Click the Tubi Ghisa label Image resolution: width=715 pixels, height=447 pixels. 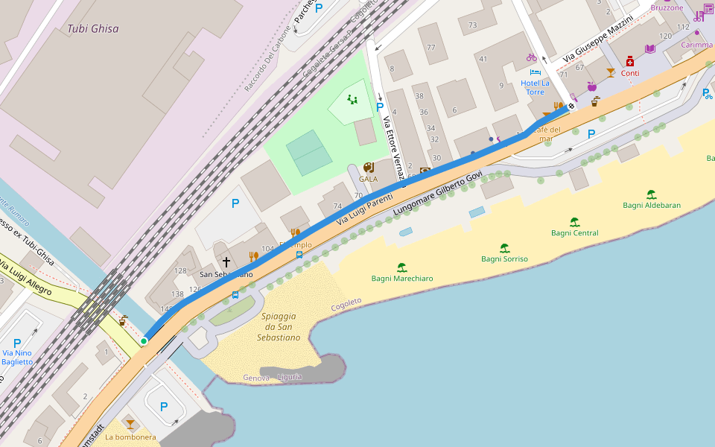tap(93, 29)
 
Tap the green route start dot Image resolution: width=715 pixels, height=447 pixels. tap(144, 340)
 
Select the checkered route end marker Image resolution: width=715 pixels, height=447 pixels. tap(571, 107)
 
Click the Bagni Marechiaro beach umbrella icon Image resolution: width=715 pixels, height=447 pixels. tap(402, 267)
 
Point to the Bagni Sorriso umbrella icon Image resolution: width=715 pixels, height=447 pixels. tap(504, 248)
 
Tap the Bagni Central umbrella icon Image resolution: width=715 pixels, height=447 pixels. tap(574, 222)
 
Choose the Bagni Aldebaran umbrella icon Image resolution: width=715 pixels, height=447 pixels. tap(652, 194)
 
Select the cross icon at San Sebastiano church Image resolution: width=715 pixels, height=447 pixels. tap(226, 262)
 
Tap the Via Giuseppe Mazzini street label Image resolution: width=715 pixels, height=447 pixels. tap(598, 39)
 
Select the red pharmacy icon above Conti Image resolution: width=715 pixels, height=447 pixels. tap(630, 61)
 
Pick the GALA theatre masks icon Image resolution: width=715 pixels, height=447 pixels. tap(368, 168)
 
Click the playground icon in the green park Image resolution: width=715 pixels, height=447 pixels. tap(352, 99)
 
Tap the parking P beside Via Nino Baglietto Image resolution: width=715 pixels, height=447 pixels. tap(17, 343)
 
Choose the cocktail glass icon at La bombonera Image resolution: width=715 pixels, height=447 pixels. tap(130, 424)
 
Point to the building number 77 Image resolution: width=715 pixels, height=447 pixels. tap(430, 48)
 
